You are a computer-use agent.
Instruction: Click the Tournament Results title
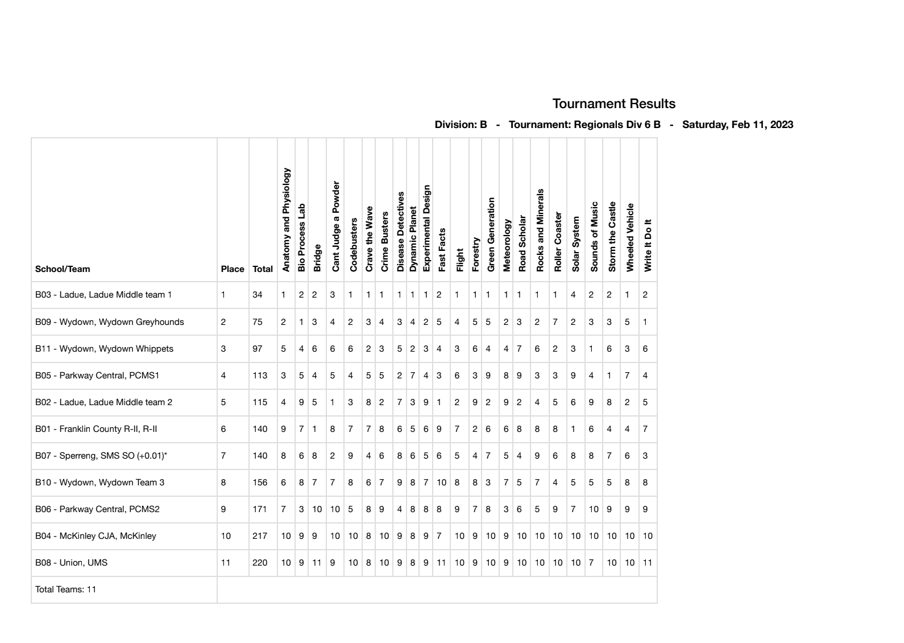tap(613, 104)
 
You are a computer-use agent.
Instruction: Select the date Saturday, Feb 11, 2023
tap(737, 125)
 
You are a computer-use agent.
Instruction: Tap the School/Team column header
tap(63, 269)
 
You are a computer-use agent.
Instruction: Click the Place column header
tap(233, 269)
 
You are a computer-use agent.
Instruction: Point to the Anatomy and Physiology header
tap(286, 220)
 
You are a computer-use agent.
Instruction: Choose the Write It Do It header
tap(648, 245)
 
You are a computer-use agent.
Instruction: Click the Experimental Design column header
tap(426, 228)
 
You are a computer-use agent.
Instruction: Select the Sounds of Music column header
tap(594, 236)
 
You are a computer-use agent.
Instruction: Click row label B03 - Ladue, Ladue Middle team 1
tap(103, 295)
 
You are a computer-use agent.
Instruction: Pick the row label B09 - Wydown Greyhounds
tap(110, 322)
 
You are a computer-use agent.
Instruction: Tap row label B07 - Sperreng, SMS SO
tap(101, 456)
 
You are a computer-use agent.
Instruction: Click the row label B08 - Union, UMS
tap(71, 563)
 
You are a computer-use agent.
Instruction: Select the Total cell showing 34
tap(258, 295)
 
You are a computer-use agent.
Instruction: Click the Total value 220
tap(260, 563)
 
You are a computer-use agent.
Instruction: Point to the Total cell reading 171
tap(260, 509)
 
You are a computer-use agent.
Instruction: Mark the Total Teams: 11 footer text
tap(65, 590)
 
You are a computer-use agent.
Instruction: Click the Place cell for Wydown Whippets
tap(223, 349)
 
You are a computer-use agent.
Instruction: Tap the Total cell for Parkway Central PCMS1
tap(260, 376)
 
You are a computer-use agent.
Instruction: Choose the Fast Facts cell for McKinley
tap(439, 536)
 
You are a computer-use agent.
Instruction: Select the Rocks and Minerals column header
tap(540, 230)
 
